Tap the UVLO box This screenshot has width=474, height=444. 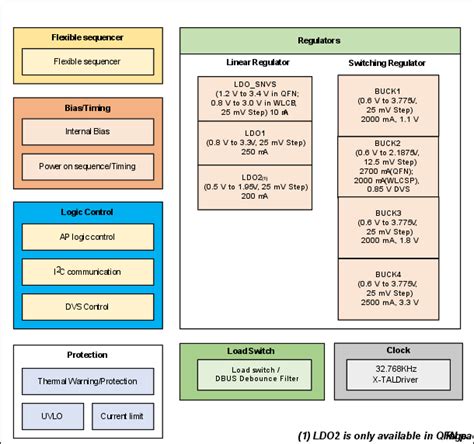pyautogui.click(x=50, y=416)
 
